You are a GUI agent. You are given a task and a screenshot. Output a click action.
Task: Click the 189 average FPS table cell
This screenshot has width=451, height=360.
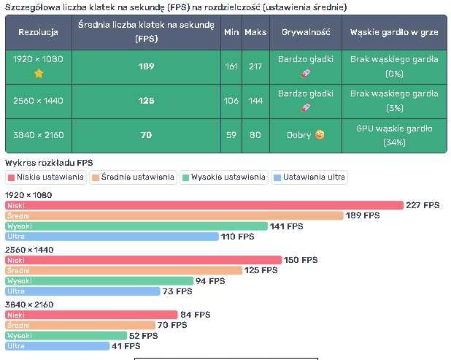pyautogui.click(x=146, y=66)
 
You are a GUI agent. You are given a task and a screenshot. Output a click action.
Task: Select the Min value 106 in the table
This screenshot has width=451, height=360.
pyautogui.click(x=231, y=101)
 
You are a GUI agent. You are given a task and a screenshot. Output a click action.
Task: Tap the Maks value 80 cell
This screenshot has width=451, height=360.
pyautogui.click(x=255, y=135)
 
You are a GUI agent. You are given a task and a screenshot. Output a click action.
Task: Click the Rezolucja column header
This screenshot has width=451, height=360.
pyautogui.click(x=39, y=32)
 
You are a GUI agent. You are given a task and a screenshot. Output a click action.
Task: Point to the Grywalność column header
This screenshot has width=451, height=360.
pyautogui.click(x=306, y=32)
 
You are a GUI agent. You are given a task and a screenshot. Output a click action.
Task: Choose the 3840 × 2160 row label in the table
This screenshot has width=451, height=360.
pyautogui.click(x=39, y=135)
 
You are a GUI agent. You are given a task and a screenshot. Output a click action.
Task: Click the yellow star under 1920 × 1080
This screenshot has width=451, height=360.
pyautogui.click(x=39, y=74)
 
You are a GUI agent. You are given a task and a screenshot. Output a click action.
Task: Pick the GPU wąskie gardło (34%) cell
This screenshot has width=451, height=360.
pyautogui.click(x=394, y=135)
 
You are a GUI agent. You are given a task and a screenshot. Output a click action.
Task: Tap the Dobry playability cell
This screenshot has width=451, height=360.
pyautogui.click(x=306, y=135)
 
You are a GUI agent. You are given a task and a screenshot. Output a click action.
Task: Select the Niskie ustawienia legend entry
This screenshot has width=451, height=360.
pyautogui.click(x=46, y=177)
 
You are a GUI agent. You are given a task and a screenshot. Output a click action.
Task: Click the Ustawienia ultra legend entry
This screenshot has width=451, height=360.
pyautogui.click(x=309, y=177)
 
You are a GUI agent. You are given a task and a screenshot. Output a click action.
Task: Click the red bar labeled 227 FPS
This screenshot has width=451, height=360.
pyautogui.click(x=204, y=206)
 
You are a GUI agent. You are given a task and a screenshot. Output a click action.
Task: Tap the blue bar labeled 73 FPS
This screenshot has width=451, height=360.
pyautogui.click(x=82, y=291)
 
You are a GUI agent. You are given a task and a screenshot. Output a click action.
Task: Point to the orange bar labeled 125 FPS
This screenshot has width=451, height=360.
pyautogui.click(x=123, y=271)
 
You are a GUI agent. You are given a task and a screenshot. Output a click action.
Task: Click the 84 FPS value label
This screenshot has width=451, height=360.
pyautogui.click(x=195, y=315)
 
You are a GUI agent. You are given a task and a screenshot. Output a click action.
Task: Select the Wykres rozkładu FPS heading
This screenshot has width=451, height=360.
pyautogui.click(x=49, y=162)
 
